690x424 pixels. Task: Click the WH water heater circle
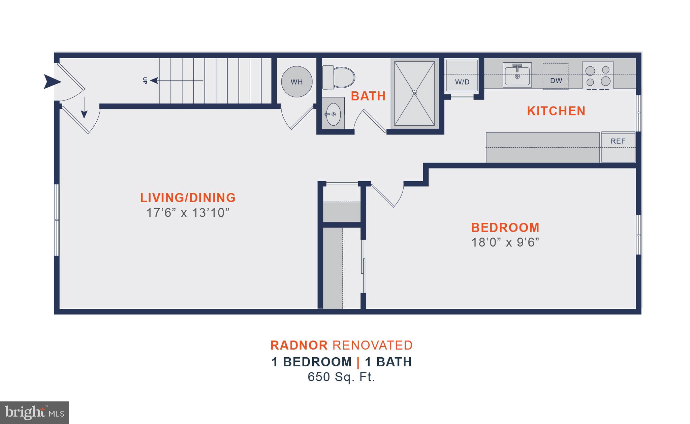tap(296, 82)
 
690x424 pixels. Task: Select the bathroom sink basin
tap(333, 114)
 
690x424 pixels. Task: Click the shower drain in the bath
tap(414, 93)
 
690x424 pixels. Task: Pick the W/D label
tap(462, 82)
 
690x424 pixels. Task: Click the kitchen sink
tap(517, 75)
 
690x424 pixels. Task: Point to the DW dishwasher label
tap(556, 81)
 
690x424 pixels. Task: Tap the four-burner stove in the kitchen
tap(598, 75)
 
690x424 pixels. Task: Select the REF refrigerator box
tap(618, 147)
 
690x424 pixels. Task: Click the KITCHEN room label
tap(556, 111)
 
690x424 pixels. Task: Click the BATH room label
tap(368, 96)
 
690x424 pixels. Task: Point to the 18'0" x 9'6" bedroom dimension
tap(505, 242)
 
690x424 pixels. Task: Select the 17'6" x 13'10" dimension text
tap(188, 213)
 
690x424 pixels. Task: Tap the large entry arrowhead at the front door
tap(52, 82)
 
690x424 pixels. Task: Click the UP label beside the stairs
tap(145, 81)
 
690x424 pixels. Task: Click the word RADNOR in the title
tap(299, 345)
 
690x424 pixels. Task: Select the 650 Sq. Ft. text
tap(341, 377)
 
